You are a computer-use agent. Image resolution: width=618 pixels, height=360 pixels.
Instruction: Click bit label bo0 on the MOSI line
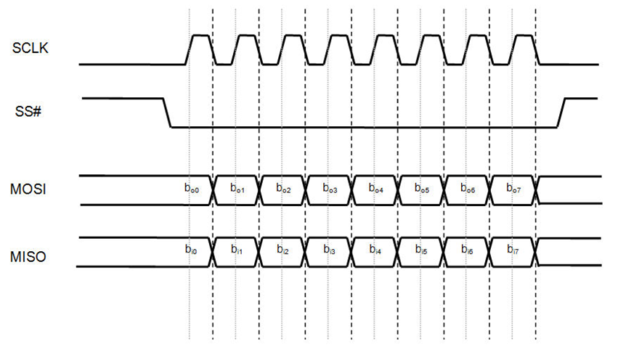pyautogui.click(x=191, y=188)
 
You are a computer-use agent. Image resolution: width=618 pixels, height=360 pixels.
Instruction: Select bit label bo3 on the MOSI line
pyautogui.click(x=330, y=189)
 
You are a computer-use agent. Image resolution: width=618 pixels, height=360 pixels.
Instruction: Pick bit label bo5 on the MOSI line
pyautogui.click(x=422, y=189)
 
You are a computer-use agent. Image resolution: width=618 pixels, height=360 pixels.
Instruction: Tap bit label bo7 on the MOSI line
pyautogui.click(x=514, y=189)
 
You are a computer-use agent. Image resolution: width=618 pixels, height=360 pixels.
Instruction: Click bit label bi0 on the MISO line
pyautogui.click(x=191, y=250)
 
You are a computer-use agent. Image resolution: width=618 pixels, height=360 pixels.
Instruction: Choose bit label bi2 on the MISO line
pyautogui.click(x=283, y=250)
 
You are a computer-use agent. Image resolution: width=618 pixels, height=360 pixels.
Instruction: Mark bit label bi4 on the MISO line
pyautogui.click(x=375, y=250)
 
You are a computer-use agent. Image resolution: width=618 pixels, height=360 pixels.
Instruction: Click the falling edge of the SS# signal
pyautogui.click(x=167, y=112)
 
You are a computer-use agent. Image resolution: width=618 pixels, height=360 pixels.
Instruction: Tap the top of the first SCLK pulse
pyautogui.click(x=200, y=36)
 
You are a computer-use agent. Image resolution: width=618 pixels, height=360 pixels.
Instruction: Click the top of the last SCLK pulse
pyautogui.click(x=524, y=36)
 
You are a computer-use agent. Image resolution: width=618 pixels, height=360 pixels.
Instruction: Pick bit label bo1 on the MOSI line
pyautogui.click(x=237, y=189)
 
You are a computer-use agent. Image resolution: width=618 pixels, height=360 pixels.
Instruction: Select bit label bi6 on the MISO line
pyautogui.click(x=468, y=250)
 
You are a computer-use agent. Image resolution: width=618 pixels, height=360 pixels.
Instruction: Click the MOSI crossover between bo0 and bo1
pyautogui.click(x=214, y=190)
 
